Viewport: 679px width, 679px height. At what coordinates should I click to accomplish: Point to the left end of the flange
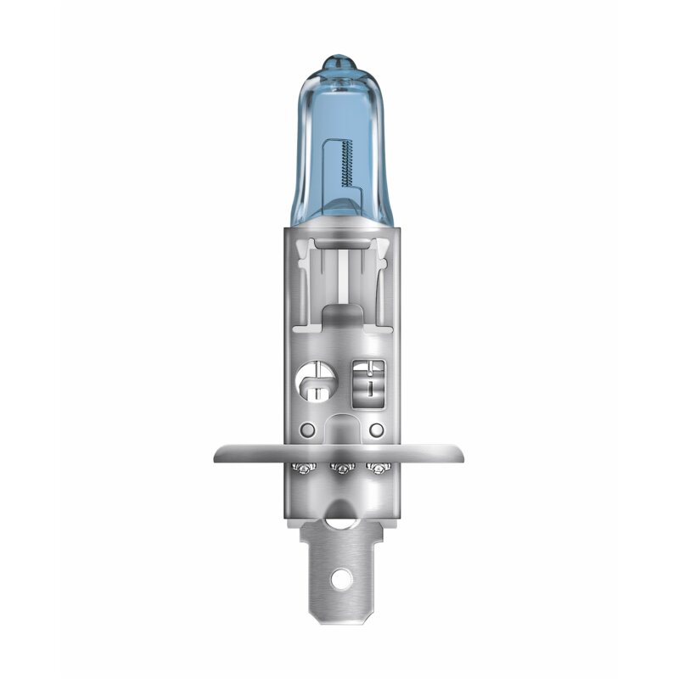pyautogui.click(x=218, y=453)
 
